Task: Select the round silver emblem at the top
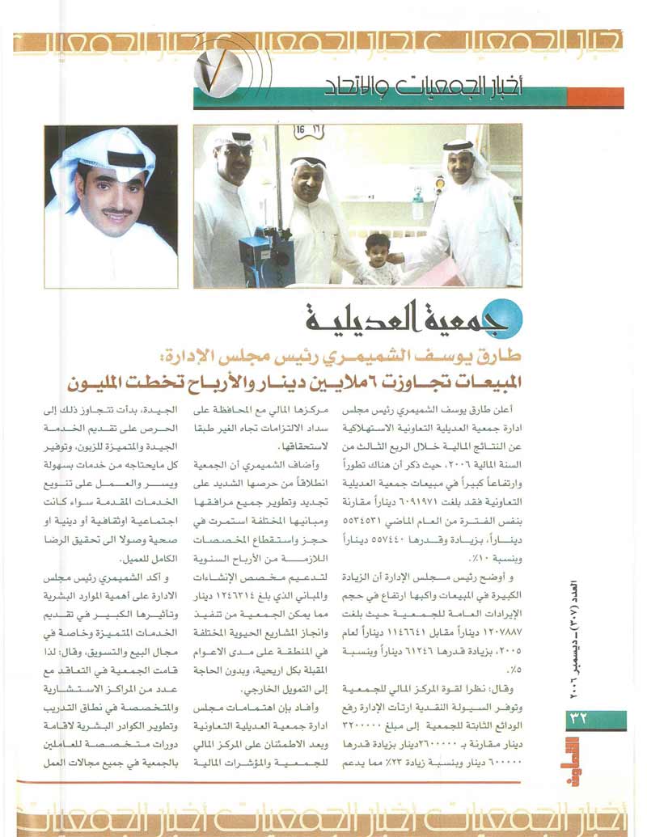219,66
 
